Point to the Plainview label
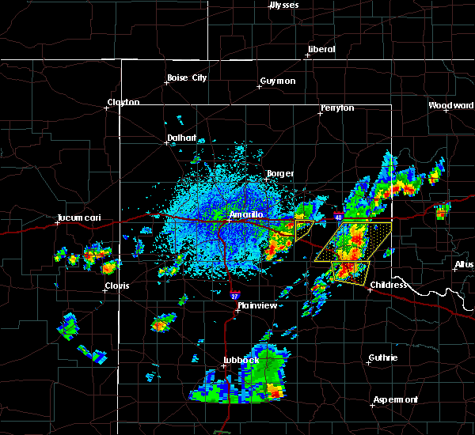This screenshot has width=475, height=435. coord(256,304)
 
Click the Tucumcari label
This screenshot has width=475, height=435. coord(76,218)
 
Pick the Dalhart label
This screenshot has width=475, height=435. coord(181,138)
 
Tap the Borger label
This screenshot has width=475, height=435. coord(280,173)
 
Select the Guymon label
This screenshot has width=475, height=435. coord(277,81)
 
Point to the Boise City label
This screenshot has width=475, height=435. coord(186,78)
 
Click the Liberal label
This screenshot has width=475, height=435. coord(321,49)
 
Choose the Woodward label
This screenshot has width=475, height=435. coord(451,105)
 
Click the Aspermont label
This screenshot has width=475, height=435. coord(396,399)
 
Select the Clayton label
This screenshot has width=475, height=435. coord(123,102)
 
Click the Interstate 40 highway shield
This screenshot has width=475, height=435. coord(338,216)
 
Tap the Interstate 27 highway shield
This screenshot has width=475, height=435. coord(234,296)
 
